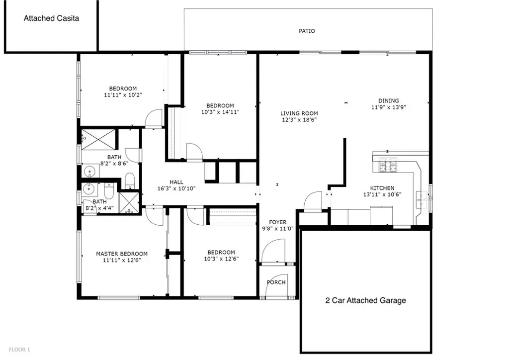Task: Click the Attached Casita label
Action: pos(51,18)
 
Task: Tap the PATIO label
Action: pos(307,31)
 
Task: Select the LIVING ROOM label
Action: pos(299,113)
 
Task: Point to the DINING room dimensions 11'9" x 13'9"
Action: pos(389,107)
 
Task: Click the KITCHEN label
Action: pos(382,188)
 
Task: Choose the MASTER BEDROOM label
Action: pos(122,254)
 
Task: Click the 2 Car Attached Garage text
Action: pos(365,301)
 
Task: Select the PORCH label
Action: pos(276,282)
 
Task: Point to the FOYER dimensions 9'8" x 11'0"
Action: pos(277,229)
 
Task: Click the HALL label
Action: pos(176,182)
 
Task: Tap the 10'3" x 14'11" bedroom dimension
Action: pos(220,112)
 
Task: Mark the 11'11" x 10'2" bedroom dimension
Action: pos(123,95)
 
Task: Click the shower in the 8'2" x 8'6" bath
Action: pos(98,140)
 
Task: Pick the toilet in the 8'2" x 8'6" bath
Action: pos(130,180)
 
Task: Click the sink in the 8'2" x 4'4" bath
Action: pos(88,188)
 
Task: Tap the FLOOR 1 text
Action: pos(19,350)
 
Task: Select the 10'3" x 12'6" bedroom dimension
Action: pos(221,259)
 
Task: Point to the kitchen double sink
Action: pos(422,199)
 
